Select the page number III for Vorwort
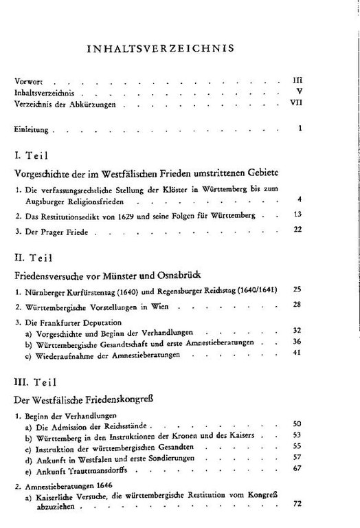point(297,80)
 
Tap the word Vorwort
point(27,80)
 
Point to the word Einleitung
point(30,129)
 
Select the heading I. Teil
point(33,156)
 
